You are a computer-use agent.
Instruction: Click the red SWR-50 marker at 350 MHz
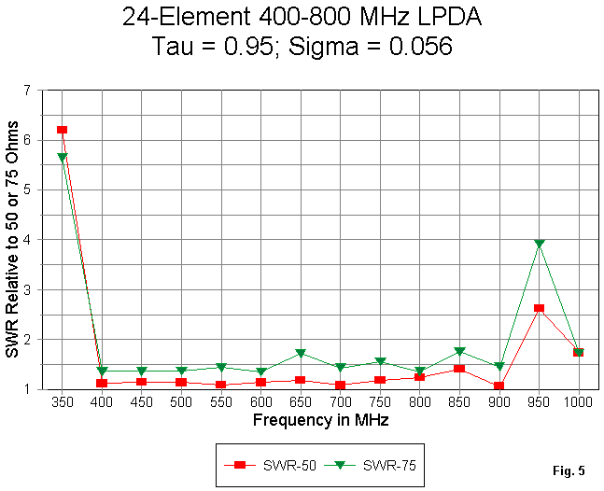tap(62, 130)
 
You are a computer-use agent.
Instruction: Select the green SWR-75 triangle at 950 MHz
tap(539, 245)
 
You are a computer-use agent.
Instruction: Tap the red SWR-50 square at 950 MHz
tap(539, 308)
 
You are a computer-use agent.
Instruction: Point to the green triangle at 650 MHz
tap(301, 354)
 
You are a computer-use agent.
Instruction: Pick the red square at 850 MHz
tap(459, 369)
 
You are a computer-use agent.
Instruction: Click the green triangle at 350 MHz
tap(62, 158)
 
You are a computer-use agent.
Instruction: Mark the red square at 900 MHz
tap(499, 386)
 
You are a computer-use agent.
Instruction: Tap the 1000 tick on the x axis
tap(579, 402)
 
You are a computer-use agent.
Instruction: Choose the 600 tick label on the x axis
tap(260, 402)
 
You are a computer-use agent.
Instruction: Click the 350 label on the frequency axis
tap(62, 402)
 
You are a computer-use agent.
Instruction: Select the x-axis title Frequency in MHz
tap(320, 420)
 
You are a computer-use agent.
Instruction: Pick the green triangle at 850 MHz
tap(459, 352)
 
